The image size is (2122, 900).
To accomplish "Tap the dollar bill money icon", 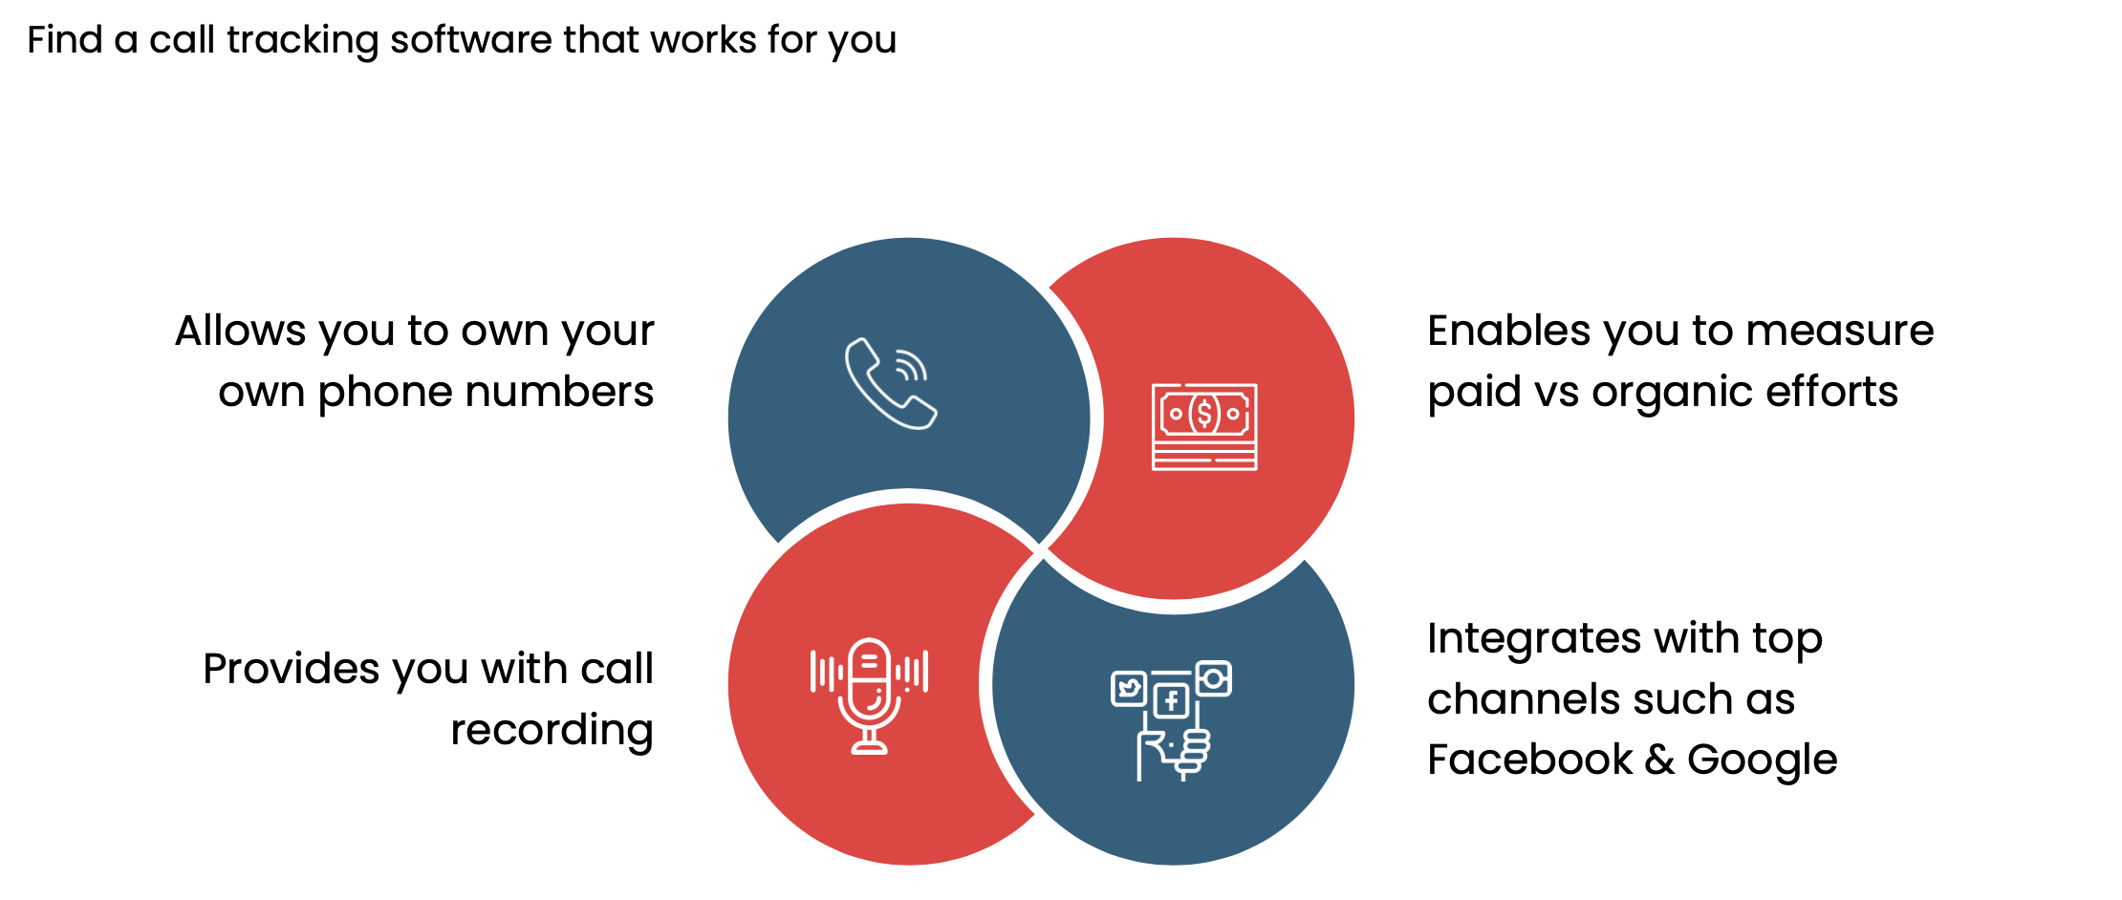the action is pos(1204,427).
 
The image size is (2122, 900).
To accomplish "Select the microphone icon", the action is pos(869,696).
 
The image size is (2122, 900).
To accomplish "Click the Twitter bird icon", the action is pos(1129,688).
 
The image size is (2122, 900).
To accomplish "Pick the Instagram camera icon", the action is pos(1213,678).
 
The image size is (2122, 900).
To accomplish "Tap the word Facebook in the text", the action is pos(1529,760).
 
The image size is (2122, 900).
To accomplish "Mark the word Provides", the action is pos(292,669).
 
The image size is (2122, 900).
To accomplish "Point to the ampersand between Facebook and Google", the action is pos(1659,761).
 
